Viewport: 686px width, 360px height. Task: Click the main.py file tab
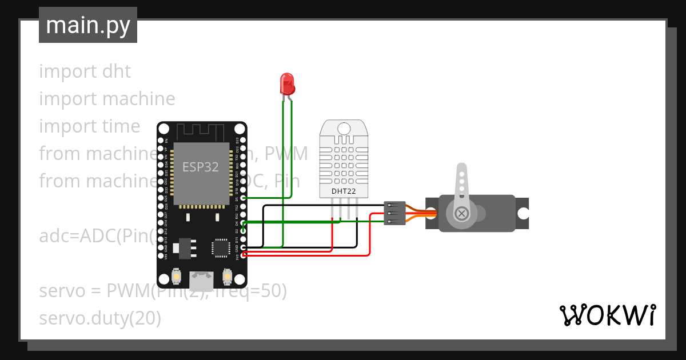coord(87,25)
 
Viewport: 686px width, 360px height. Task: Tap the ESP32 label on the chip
coord(197,167)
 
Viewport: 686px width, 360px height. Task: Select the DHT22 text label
coord(344,191)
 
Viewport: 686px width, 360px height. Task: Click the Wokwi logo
coord(607,315)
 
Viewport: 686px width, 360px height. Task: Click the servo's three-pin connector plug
coord(395,213)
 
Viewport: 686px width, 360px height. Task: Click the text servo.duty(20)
coord(100,318)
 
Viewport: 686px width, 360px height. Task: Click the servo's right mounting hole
coord(523,213)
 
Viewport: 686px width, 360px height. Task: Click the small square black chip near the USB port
coord(220,247)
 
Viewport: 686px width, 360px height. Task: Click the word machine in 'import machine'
coord(139,99)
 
